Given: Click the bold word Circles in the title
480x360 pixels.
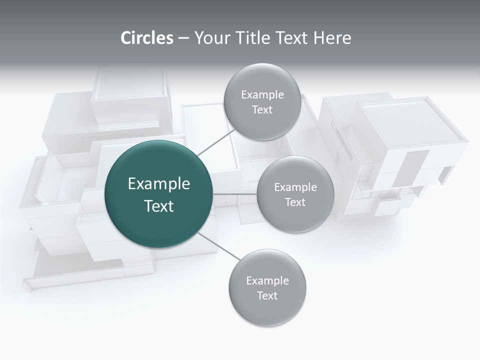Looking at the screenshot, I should (x=146, y=38).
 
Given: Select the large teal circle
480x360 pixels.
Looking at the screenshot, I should (x=159, y=194).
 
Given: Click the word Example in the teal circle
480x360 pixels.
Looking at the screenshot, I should (x=159, y=184).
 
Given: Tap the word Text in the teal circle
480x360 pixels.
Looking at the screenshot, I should (x=159, y=206).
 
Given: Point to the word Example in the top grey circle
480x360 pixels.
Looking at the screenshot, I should (x=262, y=95).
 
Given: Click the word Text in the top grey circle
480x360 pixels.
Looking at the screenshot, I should (x=262, y=110).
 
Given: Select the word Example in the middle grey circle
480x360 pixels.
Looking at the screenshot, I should (x=295, y=187).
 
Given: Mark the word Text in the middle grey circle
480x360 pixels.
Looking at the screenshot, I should (x=295, y=202).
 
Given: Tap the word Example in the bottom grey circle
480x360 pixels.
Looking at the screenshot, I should (x=267, y=281).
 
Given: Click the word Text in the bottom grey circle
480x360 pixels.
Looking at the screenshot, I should (x=267, y=296).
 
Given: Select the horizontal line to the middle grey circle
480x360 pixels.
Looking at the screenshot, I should (x=235, y=194).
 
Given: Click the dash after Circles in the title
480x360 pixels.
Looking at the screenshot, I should (x=183, y=38).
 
